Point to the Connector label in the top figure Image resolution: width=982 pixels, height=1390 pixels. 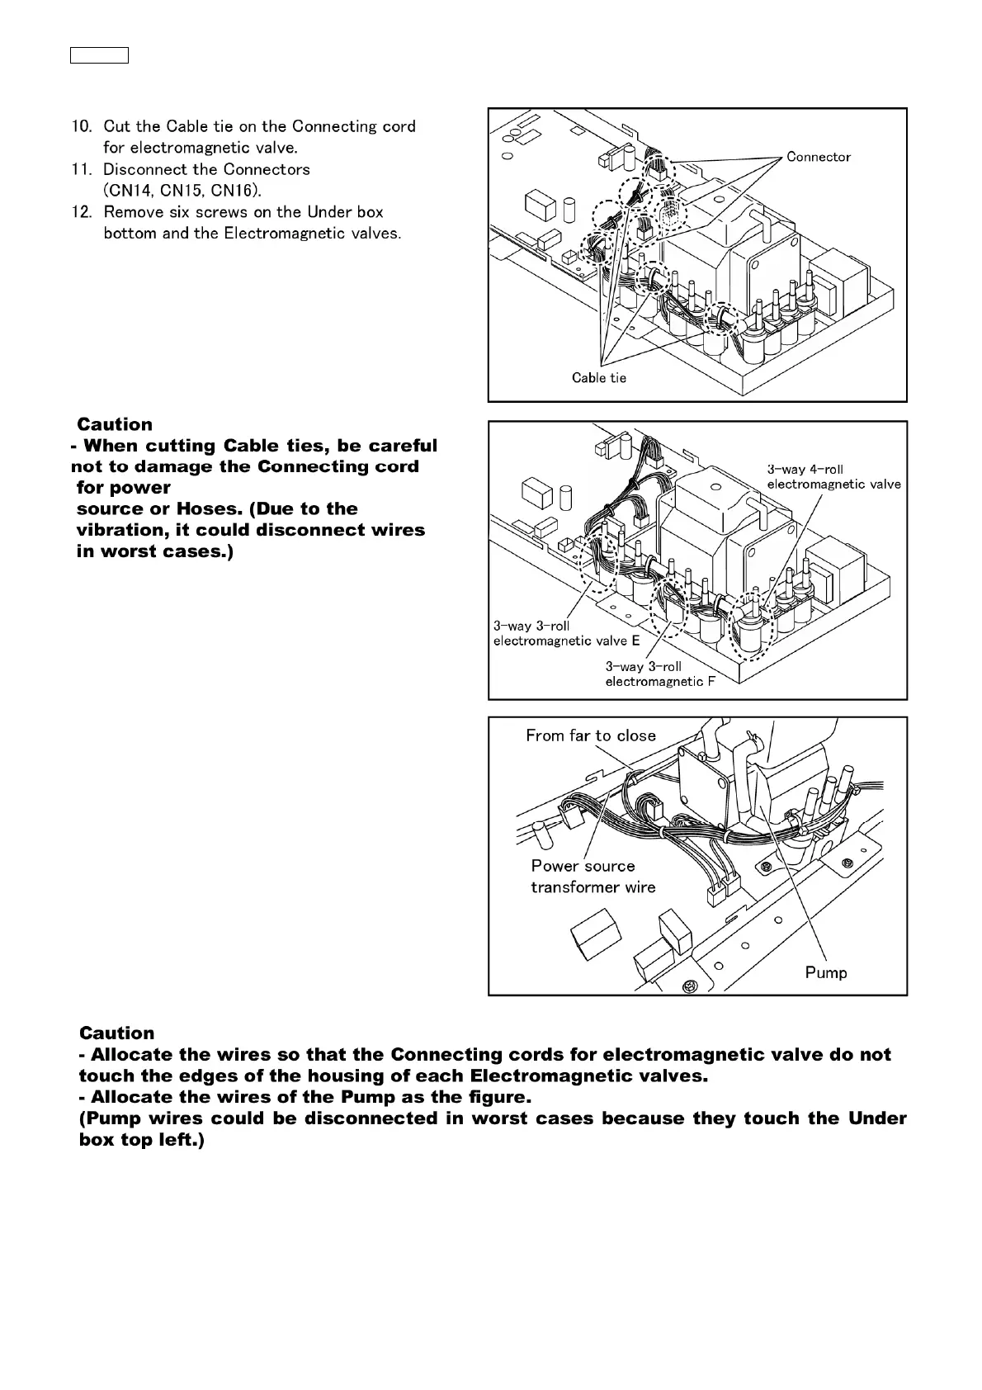[818, 157]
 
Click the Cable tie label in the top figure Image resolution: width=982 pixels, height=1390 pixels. [599, 378]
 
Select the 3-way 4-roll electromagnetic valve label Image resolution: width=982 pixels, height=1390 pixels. [833, 477]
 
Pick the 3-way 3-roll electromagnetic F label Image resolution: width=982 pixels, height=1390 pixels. [660, 674]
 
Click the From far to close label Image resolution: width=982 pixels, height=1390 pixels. [591, 735]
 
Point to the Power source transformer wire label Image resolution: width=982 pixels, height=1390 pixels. [593, 877]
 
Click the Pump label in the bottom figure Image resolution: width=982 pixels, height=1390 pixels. [826, 973]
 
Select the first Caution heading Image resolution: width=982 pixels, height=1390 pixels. [115, 425]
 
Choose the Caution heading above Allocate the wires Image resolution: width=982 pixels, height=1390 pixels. [116, 1033]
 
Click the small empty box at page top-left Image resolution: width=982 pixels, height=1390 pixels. [99, 56]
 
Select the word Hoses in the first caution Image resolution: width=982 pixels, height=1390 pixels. [208, 509]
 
